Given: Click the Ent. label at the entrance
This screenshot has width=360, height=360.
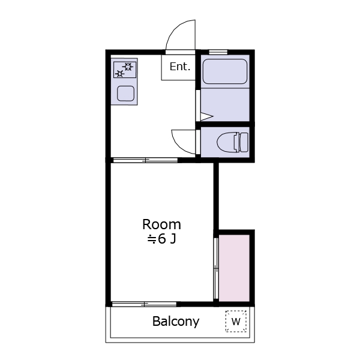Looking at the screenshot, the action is point(180,67).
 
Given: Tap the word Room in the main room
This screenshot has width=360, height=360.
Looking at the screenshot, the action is point(161,224).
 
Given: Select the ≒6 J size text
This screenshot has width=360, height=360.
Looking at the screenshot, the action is point(161,239).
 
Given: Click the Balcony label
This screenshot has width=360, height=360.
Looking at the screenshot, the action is point(176,322).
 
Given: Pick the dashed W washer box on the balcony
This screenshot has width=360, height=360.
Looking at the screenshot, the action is point(236,321).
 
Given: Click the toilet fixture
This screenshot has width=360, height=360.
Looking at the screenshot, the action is point(232,142).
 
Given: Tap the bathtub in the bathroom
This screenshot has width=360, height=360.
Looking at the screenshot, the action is point(225,71).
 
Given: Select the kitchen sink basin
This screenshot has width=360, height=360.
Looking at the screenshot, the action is point(125,94).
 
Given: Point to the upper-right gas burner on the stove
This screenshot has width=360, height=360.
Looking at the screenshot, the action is point(128,67).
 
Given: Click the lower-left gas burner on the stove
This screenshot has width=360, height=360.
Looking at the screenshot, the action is point(119,74).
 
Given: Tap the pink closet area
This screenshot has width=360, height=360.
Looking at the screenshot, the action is point(234,268).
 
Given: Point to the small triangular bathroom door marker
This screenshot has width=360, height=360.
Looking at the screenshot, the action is point(207,116).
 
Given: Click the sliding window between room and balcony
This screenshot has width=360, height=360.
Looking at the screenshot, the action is point(144,304).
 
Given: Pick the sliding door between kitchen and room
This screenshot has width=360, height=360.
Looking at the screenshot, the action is point(146,160).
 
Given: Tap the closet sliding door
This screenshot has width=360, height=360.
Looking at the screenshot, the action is point(216,268).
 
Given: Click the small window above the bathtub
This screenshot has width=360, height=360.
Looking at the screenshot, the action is point(218,52).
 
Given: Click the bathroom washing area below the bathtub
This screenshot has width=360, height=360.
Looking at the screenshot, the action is point(225,104).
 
